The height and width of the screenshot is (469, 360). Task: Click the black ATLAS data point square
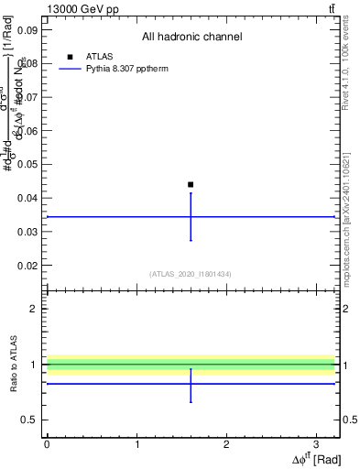pyautogui.click(x=191, y=184)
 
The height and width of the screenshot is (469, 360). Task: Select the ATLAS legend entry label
pyautogui.click(x=99, y=57)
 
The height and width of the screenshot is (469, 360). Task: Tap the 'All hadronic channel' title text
pyautogui.click(x=191, y=38)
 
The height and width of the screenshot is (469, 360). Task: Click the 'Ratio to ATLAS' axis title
pyautogui.click(x=16, y=364)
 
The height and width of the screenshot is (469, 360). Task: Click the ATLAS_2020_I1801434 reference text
pyautogui.click(x=191, y=274)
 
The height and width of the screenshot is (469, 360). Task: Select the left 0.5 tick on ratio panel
pyautogui.click(x=31, y=420)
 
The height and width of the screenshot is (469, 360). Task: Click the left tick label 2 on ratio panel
pyautogui.click(x=35, y=309)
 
